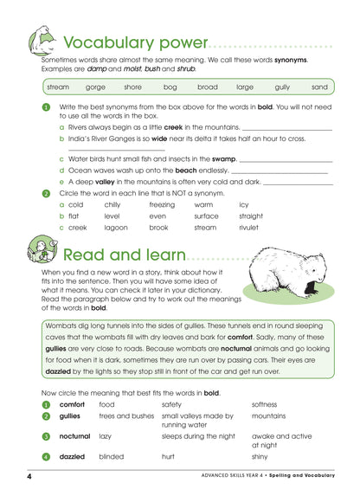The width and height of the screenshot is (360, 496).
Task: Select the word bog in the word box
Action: pos(170,87)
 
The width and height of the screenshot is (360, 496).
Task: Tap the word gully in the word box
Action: pos(282,87)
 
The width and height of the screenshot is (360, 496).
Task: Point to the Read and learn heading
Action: pos(124,254)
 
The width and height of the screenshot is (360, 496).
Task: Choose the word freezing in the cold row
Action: pos(162,204)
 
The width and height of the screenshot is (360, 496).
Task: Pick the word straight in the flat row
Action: pos(251,216)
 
